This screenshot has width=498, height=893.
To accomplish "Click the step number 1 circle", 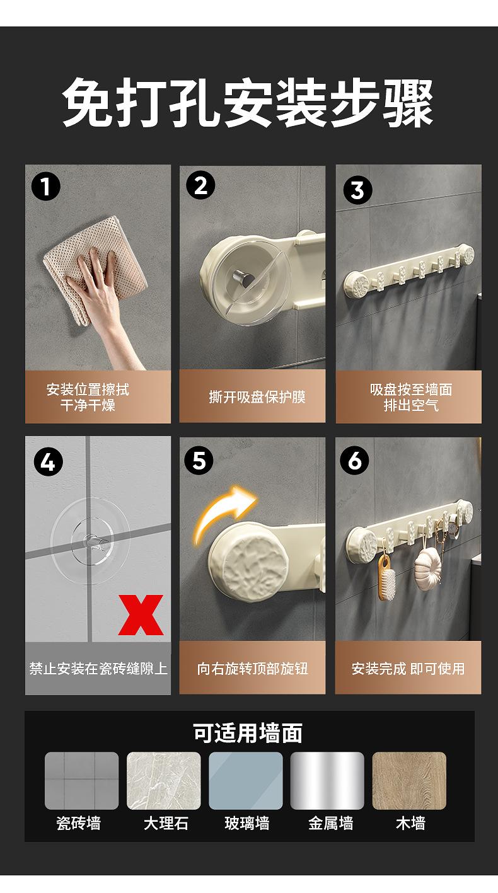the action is [x=46, y=186].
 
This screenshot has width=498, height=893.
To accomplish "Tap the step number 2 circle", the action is [x=200, y=185].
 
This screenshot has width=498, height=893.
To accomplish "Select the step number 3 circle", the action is [x=357, y=190].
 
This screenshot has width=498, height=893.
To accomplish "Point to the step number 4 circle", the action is [x=49, y=463].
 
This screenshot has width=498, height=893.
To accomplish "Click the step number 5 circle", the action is [x=199, y=461].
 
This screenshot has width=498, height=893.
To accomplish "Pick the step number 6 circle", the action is [x=354, y=461].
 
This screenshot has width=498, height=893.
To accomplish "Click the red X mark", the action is [x=141, y=614].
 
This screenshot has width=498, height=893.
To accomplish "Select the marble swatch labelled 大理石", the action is [x=163, y=781].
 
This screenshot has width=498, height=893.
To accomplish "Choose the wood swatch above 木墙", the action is [x=409, y=781].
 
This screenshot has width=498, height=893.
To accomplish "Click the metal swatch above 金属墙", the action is [x=327, y=781].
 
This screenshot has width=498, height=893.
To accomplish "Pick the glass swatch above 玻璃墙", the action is [x=246, y=781].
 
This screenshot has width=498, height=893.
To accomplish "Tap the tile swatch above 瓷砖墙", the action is [x=82, y=781].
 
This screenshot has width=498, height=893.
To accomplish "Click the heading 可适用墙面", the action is [x=248, y=733].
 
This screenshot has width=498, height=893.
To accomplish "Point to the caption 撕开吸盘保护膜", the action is [x=257, y=397].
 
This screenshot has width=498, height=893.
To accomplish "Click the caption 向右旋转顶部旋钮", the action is [x=252, y=669].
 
